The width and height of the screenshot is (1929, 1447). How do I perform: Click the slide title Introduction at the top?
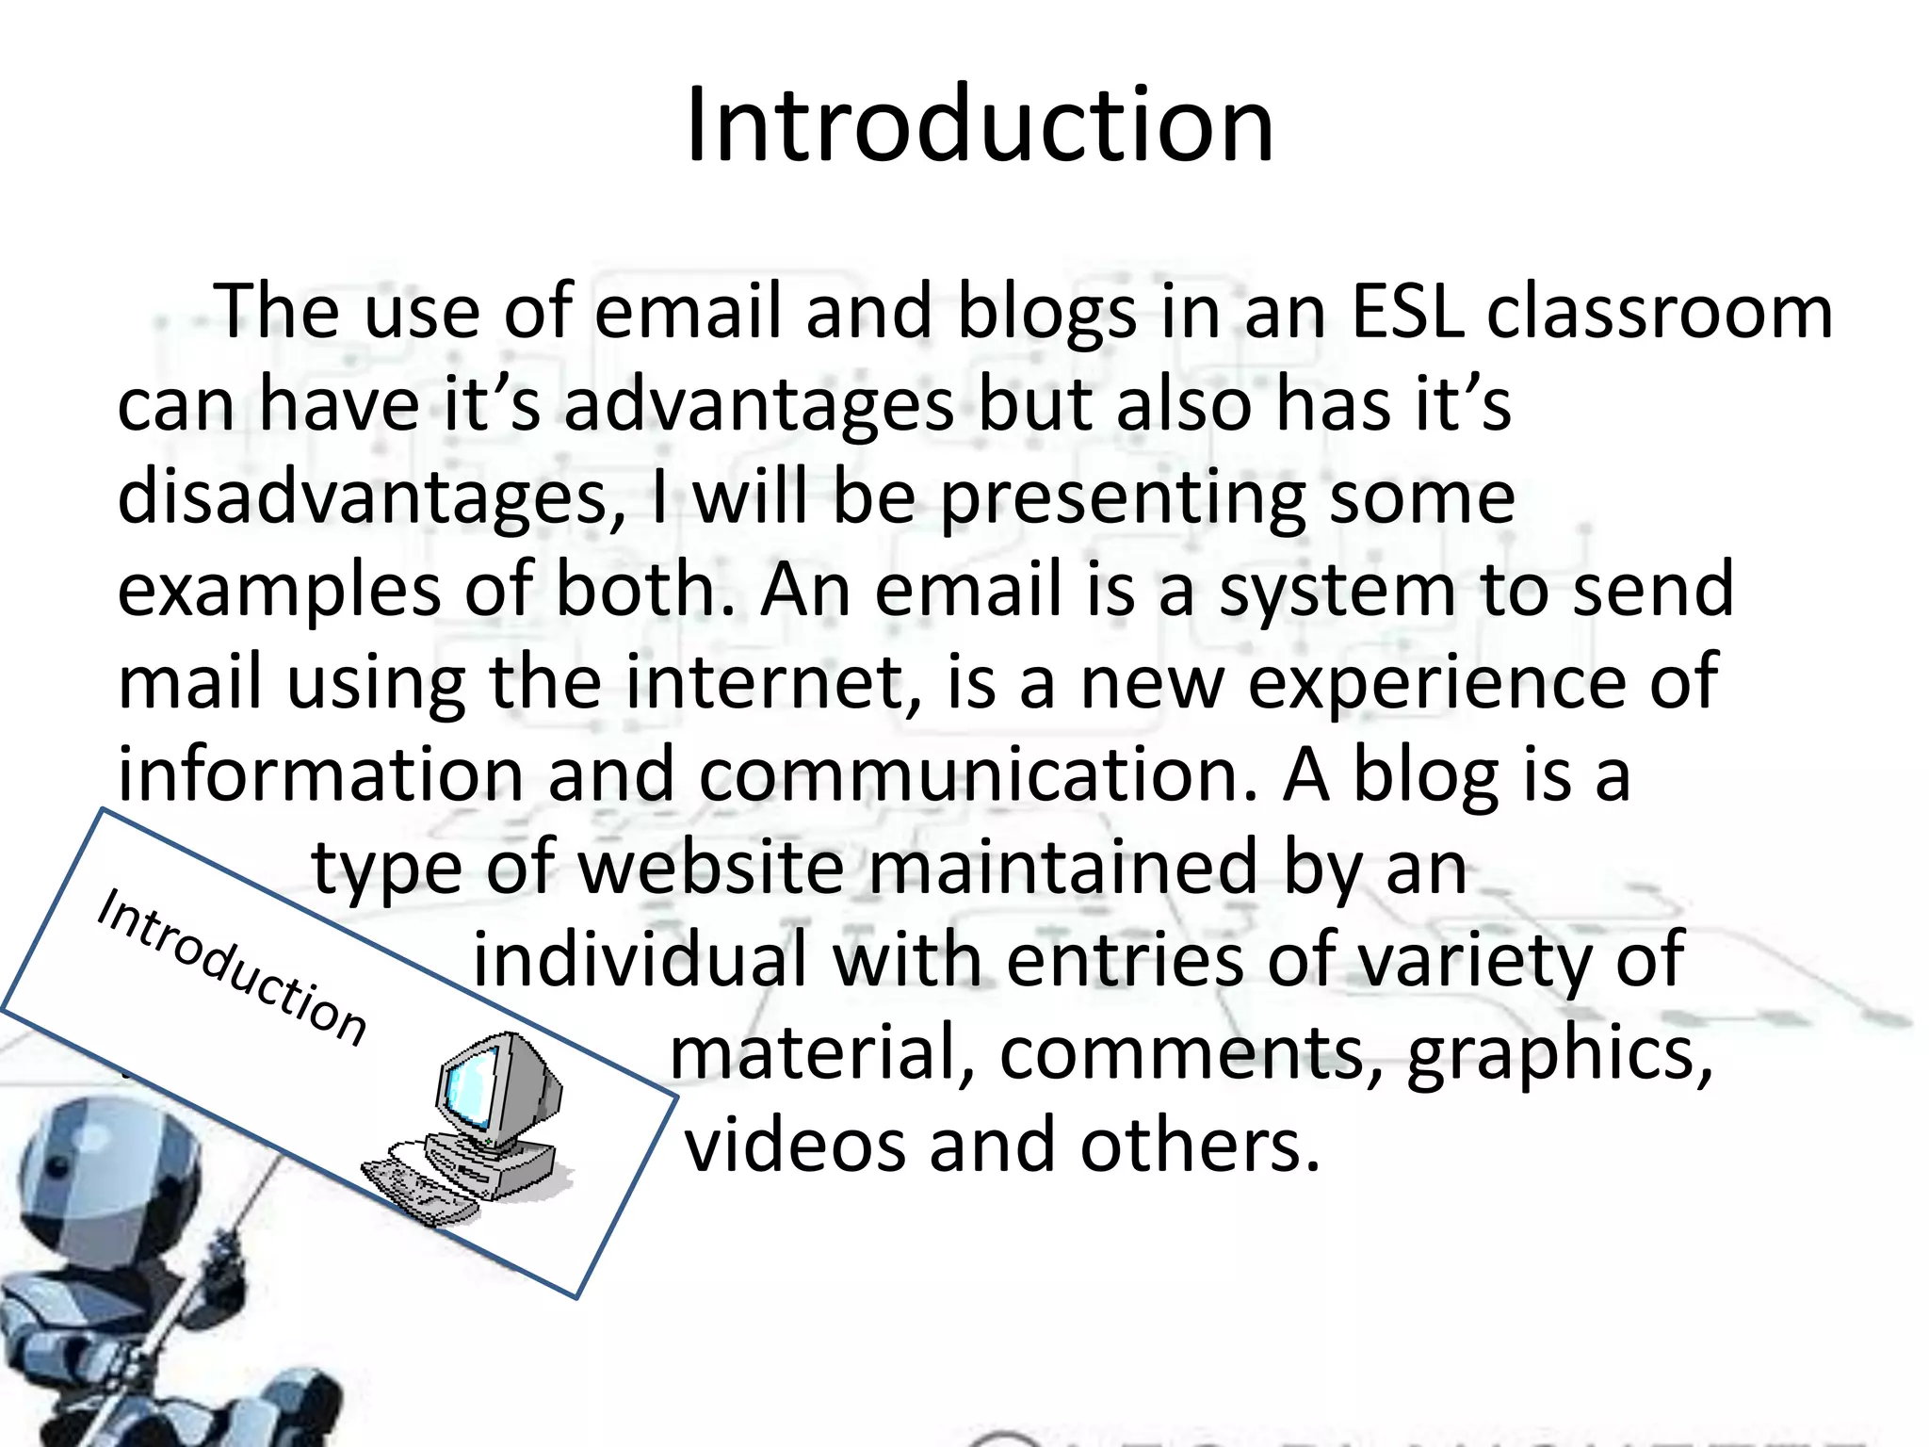tap(980, 126)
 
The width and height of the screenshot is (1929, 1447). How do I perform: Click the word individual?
tap(640, 959)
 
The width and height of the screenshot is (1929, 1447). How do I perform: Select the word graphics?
tap(1559, 1051)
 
